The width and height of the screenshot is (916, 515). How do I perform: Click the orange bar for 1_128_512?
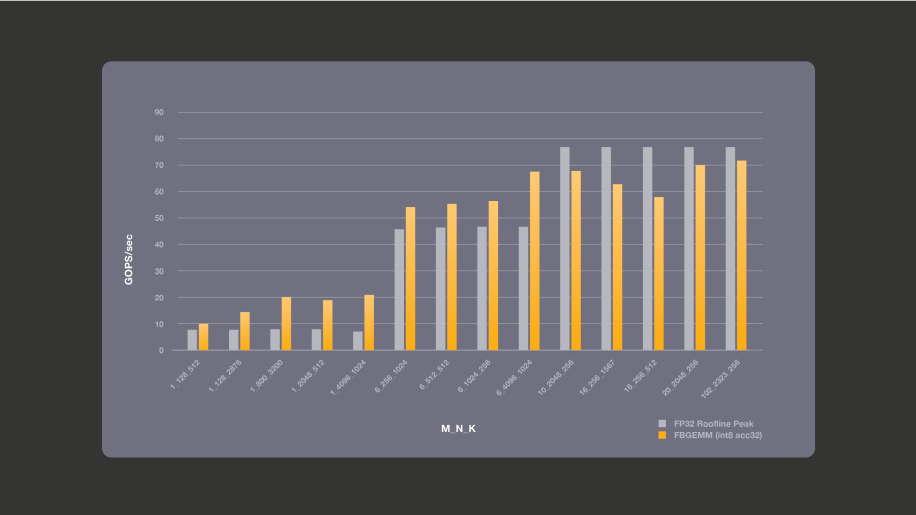click(204, 337)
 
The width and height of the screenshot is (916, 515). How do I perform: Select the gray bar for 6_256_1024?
click(400, 290)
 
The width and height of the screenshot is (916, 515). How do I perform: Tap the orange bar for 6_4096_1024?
click(535, 261)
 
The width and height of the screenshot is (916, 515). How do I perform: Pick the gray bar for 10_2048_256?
click(565, 249)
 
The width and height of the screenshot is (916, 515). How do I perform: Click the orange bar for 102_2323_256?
click(742, 256)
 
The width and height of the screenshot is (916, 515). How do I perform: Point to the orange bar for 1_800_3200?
click(286, 324)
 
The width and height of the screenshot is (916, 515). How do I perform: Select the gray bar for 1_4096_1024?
click(358, 341)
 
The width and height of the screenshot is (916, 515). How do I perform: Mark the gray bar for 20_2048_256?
click(689, 249)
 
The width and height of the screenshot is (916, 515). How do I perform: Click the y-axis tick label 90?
click(159, 112)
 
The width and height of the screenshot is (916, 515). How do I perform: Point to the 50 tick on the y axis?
click(159, 218)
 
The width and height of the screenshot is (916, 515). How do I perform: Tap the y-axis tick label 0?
click(161, 351)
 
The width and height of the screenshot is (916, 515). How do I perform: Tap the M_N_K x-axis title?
click(459, 428)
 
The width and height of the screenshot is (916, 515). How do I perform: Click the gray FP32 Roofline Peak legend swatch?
click(662, 424)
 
